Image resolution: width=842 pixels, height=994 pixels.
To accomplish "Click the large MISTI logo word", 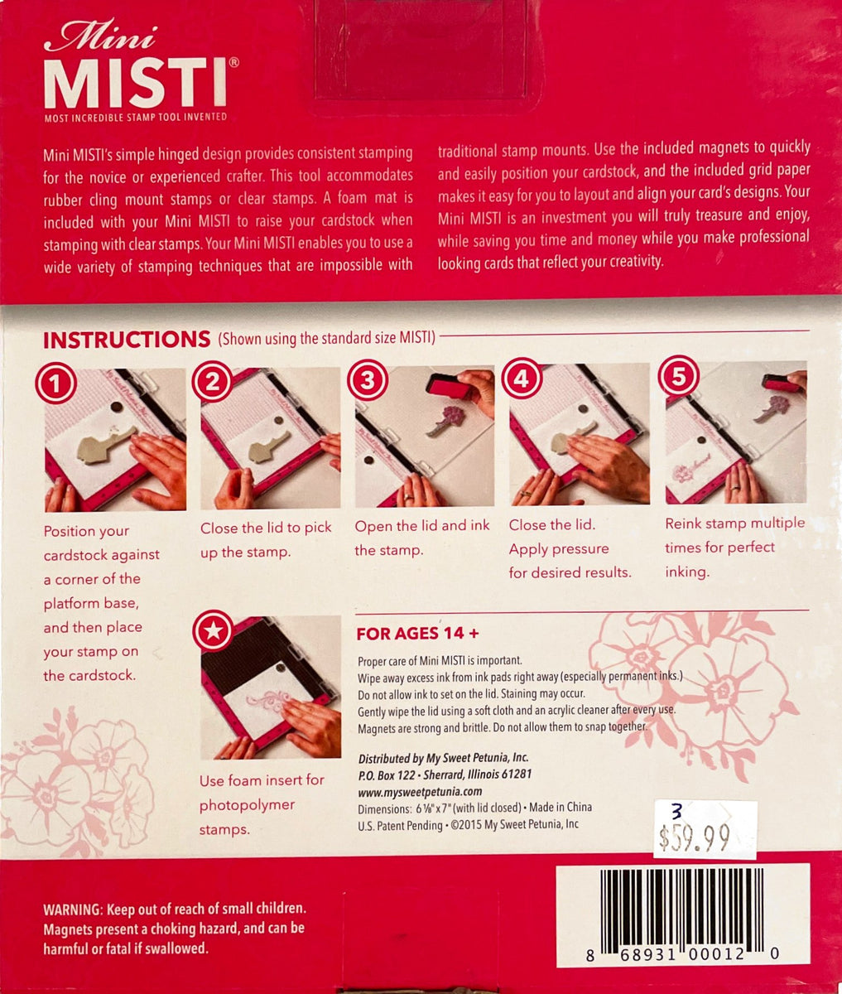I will pyautogui.click(x=135, y=82).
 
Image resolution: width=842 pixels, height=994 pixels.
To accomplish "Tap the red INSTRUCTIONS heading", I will pyautogui.click(x=126, y=340).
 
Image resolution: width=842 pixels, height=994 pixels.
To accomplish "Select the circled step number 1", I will pyautogui.click(x=56, y=384).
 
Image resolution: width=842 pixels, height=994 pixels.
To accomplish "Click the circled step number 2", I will pyautogui.click(x=213, y=383).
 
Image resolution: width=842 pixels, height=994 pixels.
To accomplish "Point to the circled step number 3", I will pyautogui.click(x=367, y=381).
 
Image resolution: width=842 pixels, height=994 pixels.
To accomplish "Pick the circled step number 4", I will pyautogui.click(x=522, y=379).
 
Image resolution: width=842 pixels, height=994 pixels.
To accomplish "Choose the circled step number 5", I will pyautogui.click(x=678, y=379).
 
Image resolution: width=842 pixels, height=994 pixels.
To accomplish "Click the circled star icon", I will pyautogui.click(x=212, y=631).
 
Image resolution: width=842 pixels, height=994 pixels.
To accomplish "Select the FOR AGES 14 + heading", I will pyautogui.click(x=417, y=635).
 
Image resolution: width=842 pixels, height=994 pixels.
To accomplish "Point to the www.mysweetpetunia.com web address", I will pyautogui.click(x=420, y=791).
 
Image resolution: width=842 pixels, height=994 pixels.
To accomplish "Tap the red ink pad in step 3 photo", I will pyautogui.click(x=449, y=384).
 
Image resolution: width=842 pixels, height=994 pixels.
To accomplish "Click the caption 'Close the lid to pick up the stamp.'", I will pyautogui.click(x=266, y=539).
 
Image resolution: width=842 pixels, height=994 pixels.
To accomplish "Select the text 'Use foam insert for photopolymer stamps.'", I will pyautogui.click(x=262, y=804).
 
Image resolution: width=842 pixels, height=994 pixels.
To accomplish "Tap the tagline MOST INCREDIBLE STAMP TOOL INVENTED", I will pyautogui.click(x=135, y=118).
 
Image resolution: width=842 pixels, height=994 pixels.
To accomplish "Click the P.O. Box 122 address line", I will pyautogui.click(x=445, y=774).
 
